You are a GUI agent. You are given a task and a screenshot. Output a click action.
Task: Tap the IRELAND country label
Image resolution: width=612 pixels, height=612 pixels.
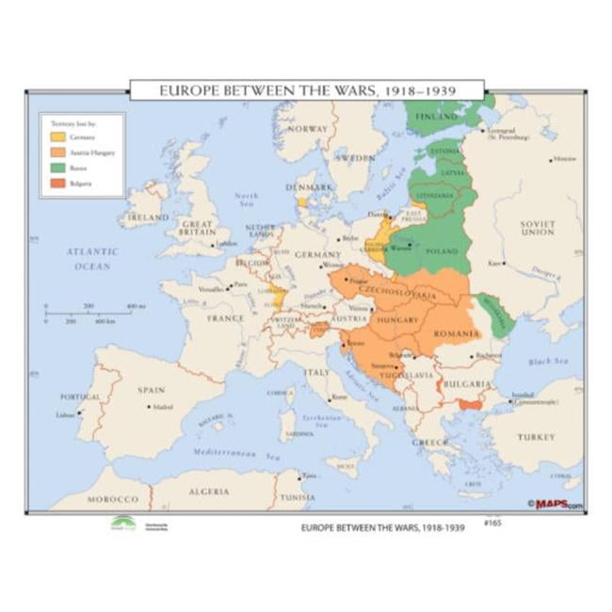coord(148,216)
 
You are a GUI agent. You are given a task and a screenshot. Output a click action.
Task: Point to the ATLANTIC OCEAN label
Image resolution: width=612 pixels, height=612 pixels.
coord(92,259)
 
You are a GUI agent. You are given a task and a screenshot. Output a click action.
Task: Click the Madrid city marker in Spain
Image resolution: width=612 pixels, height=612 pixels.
coord(149,407)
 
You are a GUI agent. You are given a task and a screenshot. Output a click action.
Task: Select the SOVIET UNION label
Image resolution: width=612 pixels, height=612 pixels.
coord(538,227)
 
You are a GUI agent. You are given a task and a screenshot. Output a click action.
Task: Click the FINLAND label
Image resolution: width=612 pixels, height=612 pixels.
coord(436,117)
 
